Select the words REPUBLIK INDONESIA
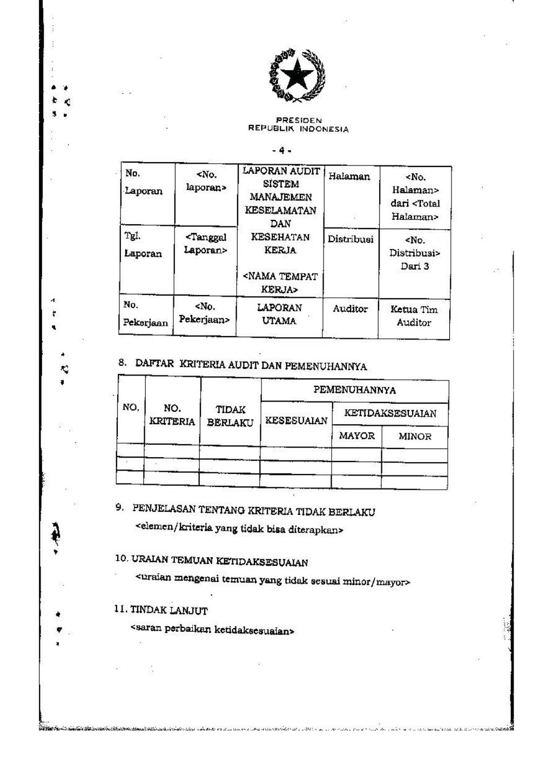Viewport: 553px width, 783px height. click(298, 129)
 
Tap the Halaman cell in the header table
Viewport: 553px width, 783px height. click(349, 177)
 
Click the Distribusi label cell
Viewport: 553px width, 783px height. click(350, 239)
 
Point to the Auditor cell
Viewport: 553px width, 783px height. click(350, 309)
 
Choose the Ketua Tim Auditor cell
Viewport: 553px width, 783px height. click(414, 316)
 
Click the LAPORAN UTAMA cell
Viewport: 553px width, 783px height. click(279, 314)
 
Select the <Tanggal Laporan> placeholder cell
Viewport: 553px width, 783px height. click(205, 244)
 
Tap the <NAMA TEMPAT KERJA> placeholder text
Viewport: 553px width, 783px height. click(280, 283)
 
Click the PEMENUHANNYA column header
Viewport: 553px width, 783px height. click(354, 390)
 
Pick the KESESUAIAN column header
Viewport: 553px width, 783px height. click(296, 421)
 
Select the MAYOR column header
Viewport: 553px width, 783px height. click(356, 436)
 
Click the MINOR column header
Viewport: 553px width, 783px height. click(415, 437)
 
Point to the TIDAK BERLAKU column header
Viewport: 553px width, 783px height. click(230, 417)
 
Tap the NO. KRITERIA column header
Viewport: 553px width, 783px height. click(172, 415)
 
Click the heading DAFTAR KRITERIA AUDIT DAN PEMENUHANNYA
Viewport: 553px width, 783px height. click(251, 365)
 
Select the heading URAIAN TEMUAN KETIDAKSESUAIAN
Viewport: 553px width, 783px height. click(220, 561)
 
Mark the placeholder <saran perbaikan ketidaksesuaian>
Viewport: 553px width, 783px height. click(212, 630)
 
